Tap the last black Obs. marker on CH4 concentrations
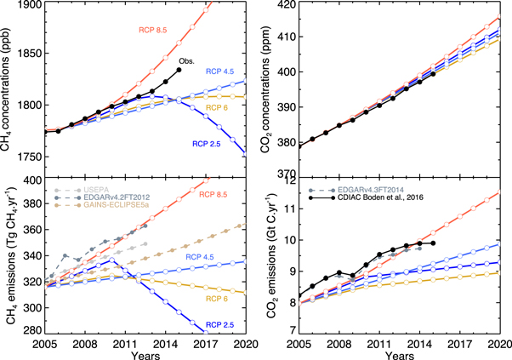pos(179,70)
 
